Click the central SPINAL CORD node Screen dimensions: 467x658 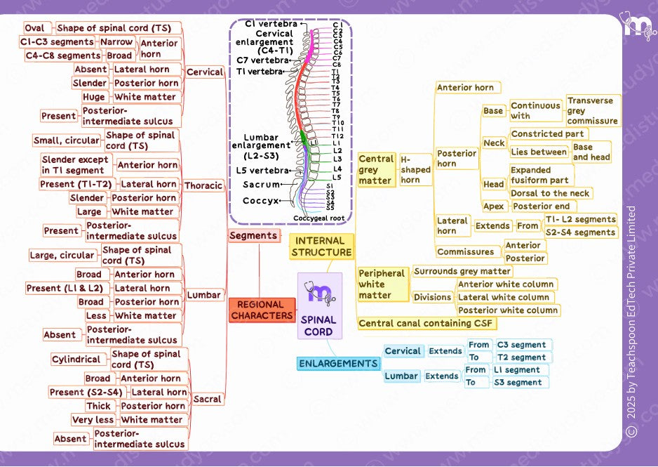(x=319, y=306)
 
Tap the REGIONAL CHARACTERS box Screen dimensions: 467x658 (x=261, y=310)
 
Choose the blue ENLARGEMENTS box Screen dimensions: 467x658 (x=338, y=364)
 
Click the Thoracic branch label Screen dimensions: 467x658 (x=203, y=186)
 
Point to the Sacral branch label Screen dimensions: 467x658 (x=207, y=399)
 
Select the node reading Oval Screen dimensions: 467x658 (x=34, y=28)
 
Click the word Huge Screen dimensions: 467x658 (x=93, y=97)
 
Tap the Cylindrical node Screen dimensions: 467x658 (x=76, y=360)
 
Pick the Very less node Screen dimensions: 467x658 (x=93, y=420)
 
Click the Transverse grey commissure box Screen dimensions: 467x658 (x=593, y=111)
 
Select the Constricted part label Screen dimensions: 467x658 (x=548, y=133)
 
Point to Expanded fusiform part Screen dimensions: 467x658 (x=539, y=175)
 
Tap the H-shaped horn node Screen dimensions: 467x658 (x=415, y=170)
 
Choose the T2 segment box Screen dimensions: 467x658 (x=521, y=357)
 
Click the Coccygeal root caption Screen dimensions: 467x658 (x=318, y=218)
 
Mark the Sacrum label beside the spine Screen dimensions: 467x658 (x=261, y=185)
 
